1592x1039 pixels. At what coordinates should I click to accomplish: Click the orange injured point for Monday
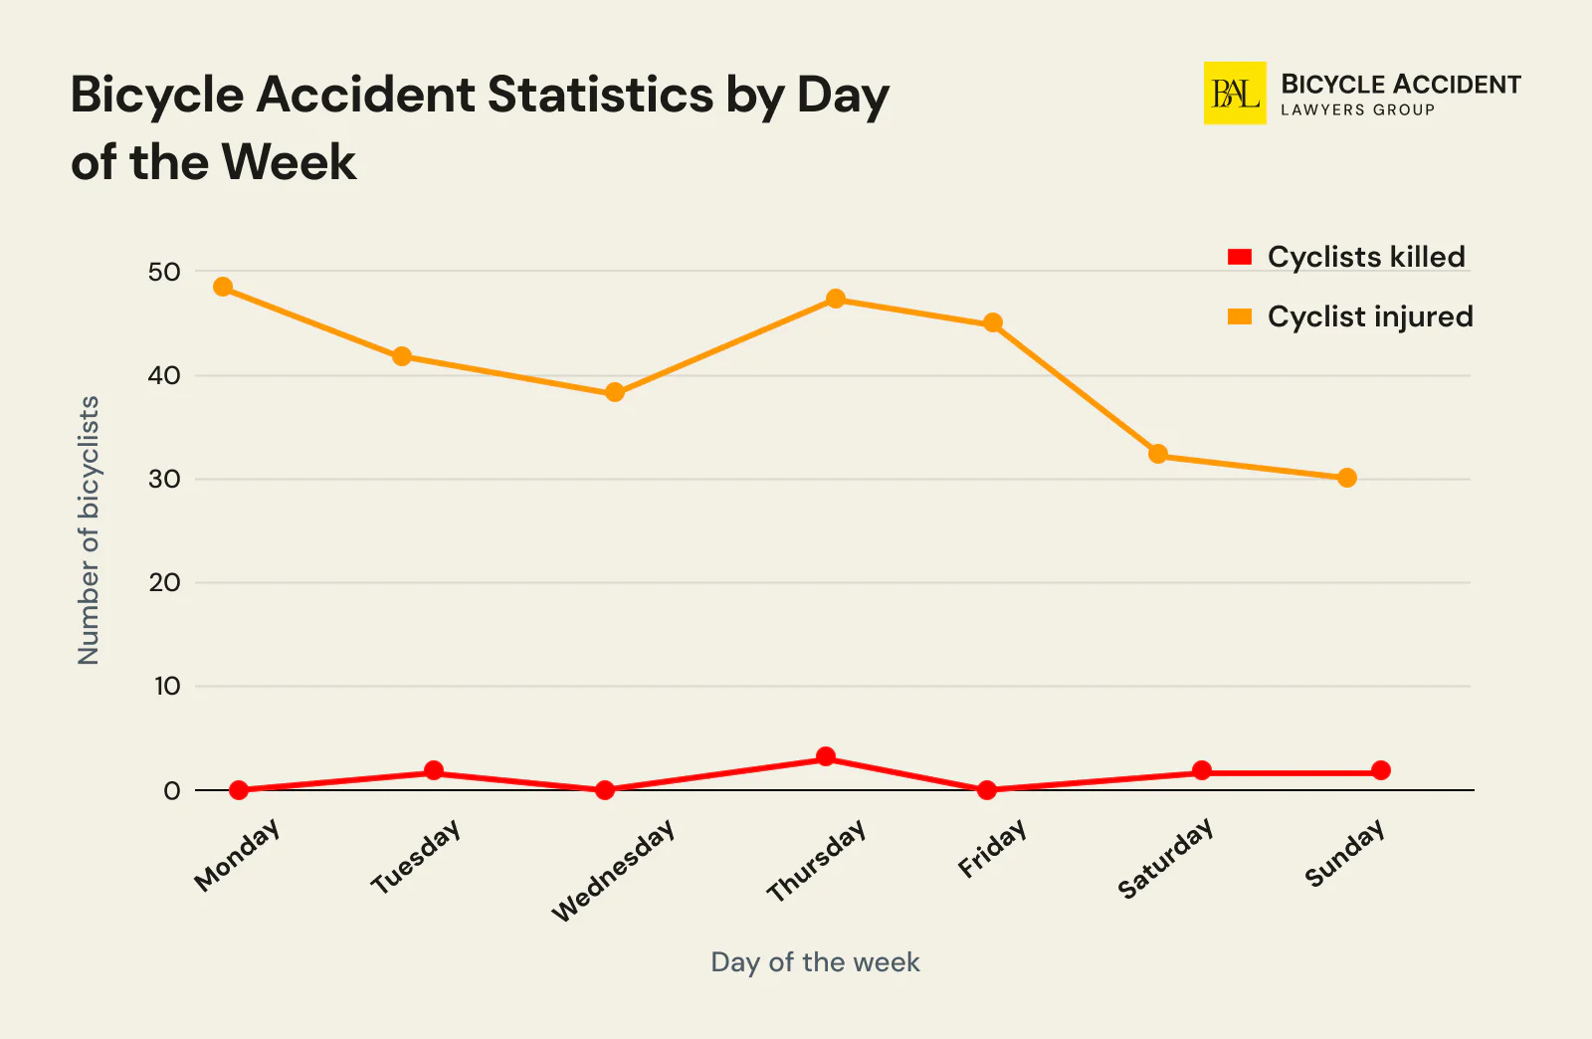tap(223, 288)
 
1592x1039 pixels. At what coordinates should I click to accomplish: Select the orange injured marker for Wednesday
tap(615, 392)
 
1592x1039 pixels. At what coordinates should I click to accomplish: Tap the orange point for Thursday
tap(836, 299)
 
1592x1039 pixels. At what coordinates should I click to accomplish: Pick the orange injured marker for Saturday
tap(1158, 454)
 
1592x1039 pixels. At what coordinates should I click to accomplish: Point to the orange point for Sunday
tap(1347, 478)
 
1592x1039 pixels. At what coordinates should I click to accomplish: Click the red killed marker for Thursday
tap(826, 756)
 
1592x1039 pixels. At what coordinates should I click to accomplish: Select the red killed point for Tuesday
tap(434, 770)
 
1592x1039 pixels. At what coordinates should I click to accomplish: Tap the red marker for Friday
tap(987, 790)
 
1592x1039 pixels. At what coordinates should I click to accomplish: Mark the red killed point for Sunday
tap(1381, 770)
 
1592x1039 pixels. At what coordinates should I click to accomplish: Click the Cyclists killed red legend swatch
tap(1240, 257)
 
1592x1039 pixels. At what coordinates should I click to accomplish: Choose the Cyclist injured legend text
tap(1369, 316)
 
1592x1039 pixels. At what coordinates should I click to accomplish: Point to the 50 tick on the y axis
tap(164, 272)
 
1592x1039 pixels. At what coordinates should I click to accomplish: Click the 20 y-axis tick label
tap(164, 582)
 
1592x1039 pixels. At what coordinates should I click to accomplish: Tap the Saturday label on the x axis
tap(1165, 858)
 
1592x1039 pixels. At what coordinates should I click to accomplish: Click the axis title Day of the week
tap(815, 961)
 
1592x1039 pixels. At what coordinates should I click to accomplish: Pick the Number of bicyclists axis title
tap(89, 530)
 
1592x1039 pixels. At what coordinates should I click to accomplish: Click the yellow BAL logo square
tap(1235, 94)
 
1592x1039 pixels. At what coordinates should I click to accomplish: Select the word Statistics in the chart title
tap(600, 96)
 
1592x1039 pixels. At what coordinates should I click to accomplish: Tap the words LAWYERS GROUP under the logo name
tap(1357, 110)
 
